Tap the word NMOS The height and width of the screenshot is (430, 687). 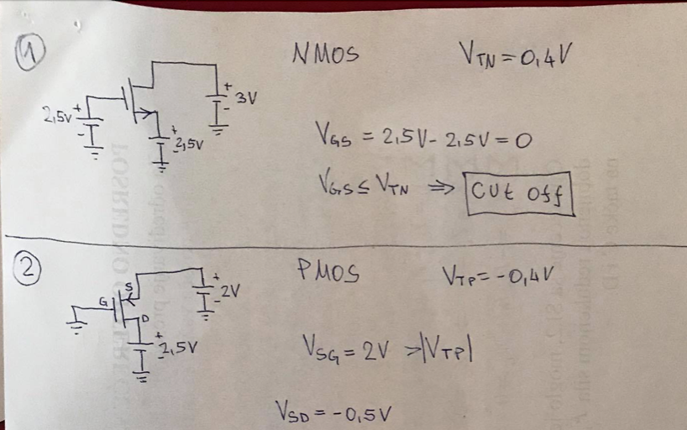click(x=325, y=55)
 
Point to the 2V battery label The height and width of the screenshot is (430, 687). click(x=231, y=291)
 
